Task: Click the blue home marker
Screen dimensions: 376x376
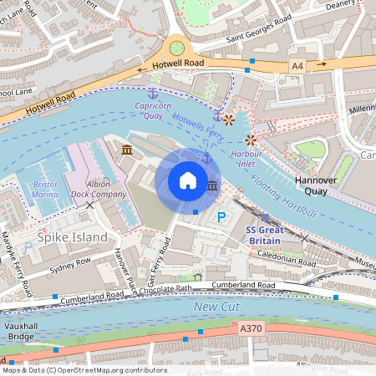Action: click(188, 180)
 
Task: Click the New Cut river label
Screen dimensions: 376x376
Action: click(217, 308)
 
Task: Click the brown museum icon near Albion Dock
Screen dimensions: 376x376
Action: click(126, 149)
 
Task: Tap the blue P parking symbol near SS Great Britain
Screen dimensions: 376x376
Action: click(221, 217)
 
